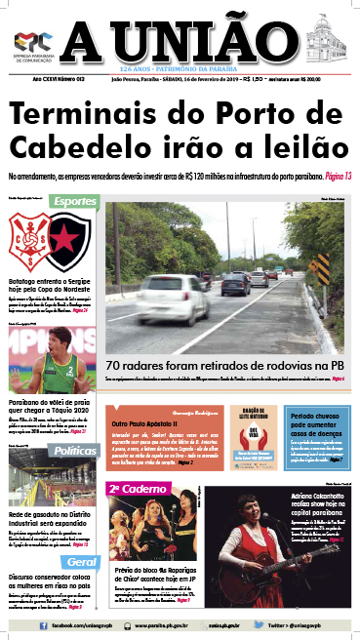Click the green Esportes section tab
point(73,201)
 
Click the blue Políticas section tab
point(73,424)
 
